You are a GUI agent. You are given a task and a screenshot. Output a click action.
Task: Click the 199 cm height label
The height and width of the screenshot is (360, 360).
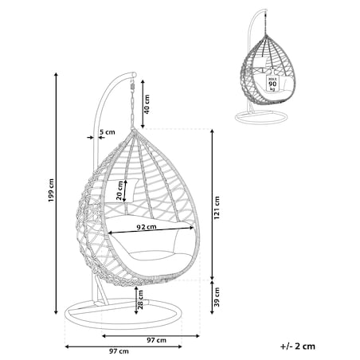point(51,190)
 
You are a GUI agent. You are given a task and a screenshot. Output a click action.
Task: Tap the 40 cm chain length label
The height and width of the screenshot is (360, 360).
point(147,104)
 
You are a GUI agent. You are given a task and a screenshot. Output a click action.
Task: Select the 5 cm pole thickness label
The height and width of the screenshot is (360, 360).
point(108,131)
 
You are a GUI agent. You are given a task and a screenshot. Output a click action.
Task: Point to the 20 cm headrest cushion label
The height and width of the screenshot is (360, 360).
point(119,190)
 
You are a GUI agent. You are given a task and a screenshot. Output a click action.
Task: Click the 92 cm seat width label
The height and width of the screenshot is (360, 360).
point(147,227)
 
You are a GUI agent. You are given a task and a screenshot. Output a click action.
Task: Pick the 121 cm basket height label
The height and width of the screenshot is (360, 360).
point(217,208)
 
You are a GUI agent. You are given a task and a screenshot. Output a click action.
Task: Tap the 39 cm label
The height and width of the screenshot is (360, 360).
point(217,297)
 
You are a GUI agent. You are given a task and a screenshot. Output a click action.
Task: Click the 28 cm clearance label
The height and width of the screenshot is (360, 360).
point(140,299)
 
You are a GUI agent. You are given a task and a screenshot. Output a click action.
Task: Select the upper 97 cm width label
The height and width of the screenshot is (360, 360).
point(157,340)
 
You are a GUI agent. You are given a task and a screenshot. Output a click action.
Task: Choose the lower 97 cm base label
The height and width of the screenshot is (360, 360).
point(119,351)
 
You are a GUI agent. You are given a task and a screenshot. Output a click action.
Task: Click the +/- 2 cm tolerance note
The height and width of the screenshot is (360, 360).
point(298,346)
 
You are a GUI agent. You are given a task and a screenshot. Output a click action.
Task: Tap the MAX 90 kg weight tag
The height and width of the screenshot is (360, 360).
point(272,84)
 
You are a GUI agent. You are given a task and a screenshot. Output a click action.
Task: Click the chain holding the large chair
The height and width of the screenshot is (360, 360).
point(131,106)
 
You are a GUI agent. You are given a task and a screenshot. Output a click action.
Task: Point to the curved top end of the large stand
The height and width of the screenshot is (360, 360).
point(134,74)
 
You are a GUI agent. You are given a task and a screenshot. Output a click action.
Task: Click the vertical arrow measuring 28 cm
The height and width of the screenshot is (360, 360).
point(136,300)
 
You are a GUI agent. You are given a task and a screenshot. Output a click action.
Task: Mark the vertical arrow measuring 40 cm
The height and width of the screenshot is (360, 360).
point(143,104)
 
